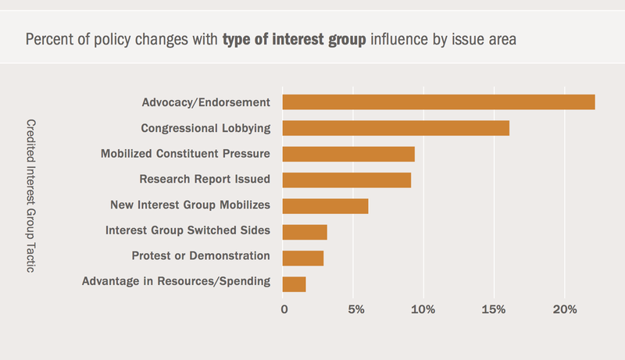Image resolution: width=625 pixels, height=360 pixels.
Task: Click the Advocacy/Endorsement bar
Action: (x=438, y=102)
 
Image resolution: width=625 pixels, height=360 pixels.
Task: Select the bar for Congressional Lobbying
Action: (x=395, y=128)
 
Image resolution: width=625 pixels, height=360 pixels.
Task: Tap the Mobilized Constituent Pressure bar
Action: (x=348, y=154)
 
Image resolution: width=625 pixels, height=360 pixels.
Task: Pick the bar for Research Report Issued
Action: (x=346, y=180)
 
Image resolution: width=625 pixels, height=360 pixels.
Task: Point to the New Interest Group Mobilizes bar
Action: (x=325, y=206)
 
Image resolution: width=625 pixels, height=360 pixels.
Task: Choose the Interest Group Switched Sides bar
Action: (x=305, y=232)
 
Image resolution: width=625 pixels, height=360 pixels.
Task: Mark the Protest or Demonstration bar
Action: (x=302, y=258)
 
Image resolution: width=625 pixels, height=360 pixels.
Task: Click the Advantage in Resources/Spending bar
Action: (x=294, y=284)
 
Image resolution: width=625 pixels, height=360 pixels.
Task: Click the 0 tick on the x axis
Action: (x=284, y=310)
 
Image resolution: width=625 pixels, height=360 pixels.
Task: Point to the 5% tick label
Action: (x=355, y=310)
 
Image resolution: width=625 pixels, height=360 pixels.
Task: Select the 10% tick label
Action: (x=423, y=310)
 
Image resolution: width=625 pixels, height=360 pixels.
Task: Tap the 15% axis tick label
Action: (x=494, y=310)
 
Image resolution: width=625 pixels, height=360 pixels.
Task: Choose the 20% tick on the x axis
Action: (x=564, y=310)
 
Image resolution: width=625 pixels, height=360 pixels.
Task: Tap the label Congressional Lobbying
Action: (x=205, y=128)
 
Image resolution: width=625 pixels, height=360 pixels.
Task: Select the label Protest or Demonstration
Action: (x=201, y=256)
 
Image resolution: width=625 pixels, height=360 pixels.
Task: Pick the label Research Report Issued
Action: (x=205, y=180)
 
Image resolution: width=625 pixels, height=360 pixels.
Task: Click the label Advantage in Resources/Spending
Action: (x=176, y=281)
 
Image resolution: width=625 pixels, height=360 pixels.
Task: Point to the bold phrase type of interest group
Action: (x=295, y=38)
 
